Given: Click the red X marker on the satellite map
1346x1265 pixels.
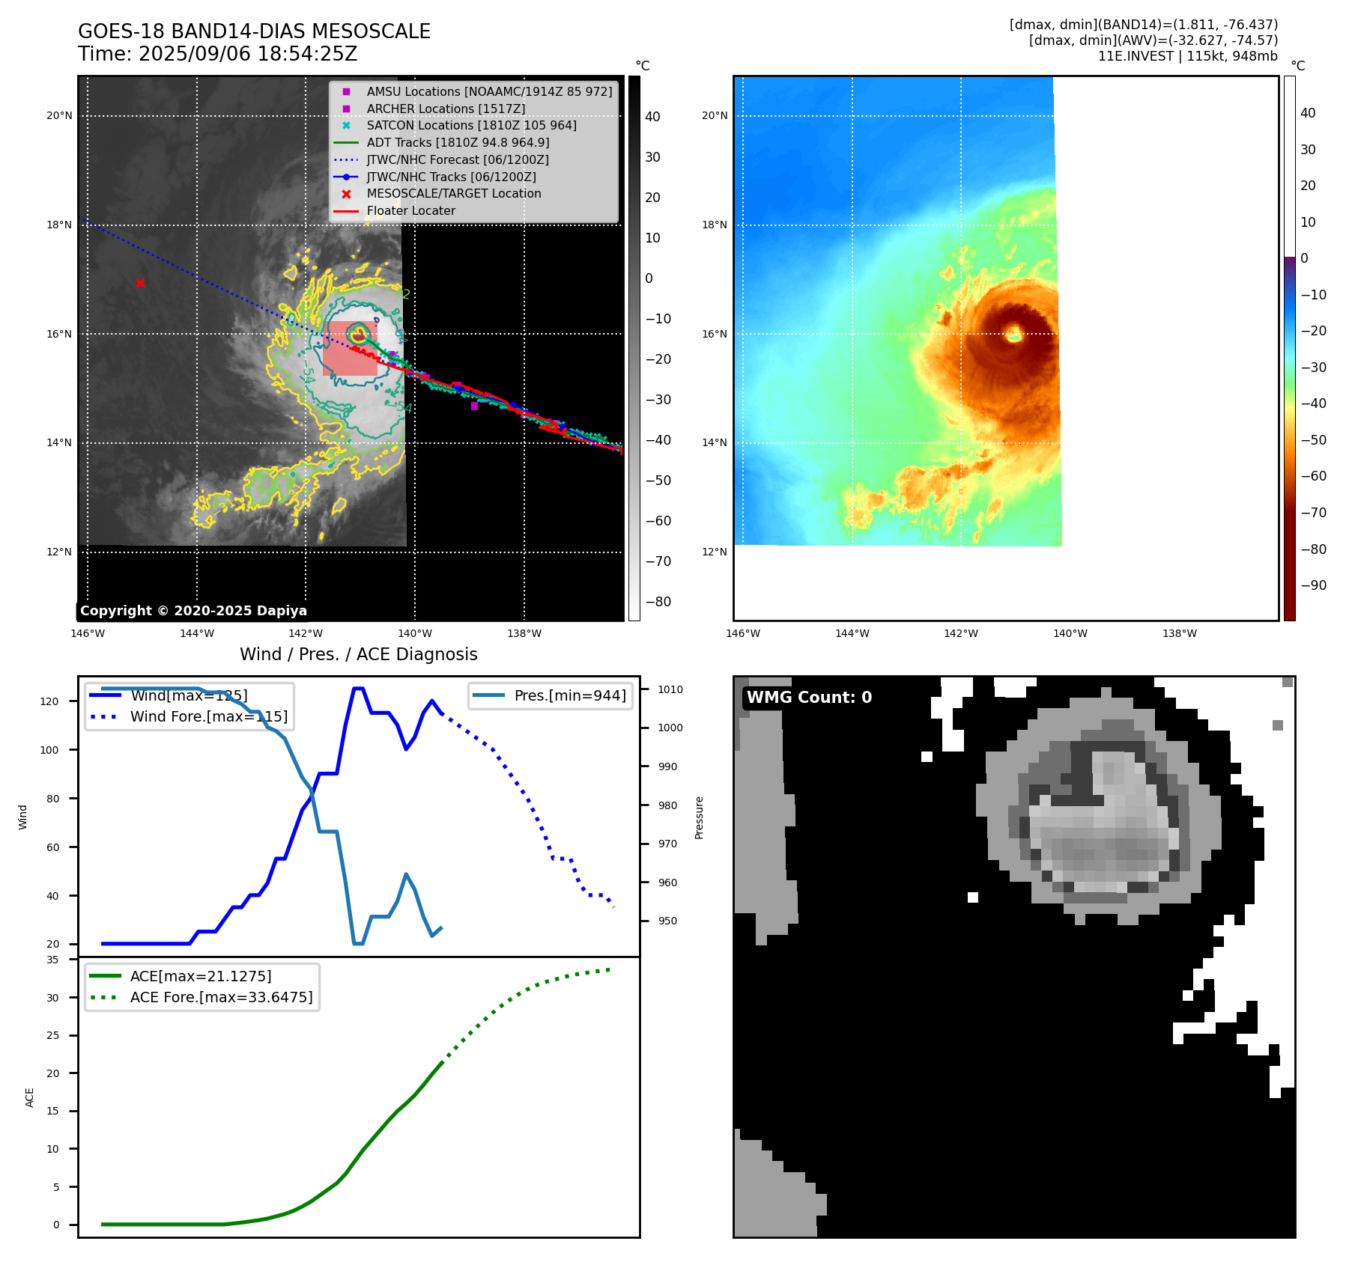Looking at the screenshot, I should (140, 283).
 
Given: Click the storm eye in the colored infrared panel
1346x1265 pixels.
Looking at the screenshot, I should (1014, 334).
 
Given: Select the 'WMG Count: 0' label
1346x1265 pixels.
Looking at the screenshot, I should (809, 698).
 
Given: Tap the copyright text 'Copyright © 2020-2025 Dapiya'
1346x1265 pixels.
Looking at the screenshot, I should (193, 611).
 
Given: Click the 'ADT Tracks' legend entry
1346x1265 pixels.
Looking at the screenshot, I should (458, 142).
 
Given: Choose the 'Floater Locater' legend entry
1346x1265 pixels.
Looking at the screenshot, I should (410, 210).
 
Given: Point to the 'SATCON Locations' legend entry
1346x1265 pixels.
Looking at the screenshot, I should (471, 125).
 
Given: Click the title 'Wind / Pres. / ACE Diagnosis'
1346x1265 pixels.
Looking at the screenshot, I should (358, 654).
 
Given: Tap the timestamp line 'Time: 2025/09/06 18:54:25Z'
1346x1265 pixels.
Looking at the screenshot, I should (217, 54).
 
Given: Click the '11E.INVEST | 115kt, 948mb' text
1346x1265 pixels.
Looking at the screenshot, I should (1187, 56).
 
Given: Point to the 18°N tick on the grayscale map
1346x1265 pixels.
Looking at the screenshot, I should (59, 225).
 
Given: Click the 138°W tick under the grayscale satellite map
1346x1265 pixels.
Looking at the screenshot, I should (524, 633).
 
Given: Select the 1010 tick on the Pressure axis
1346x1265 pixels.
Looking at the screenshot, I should (670, 689).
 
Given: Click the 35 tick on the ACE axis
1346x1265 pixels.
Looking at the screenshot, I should (52, 960).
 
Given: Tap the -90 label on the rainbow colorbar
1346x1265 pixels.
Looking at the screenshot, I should (1313, 585).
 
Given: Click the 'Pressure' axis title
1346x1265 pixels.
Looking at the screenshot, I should (699, 817).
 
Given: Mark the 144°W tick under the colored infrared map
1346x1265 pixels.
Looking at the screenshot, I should (852, 633).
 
